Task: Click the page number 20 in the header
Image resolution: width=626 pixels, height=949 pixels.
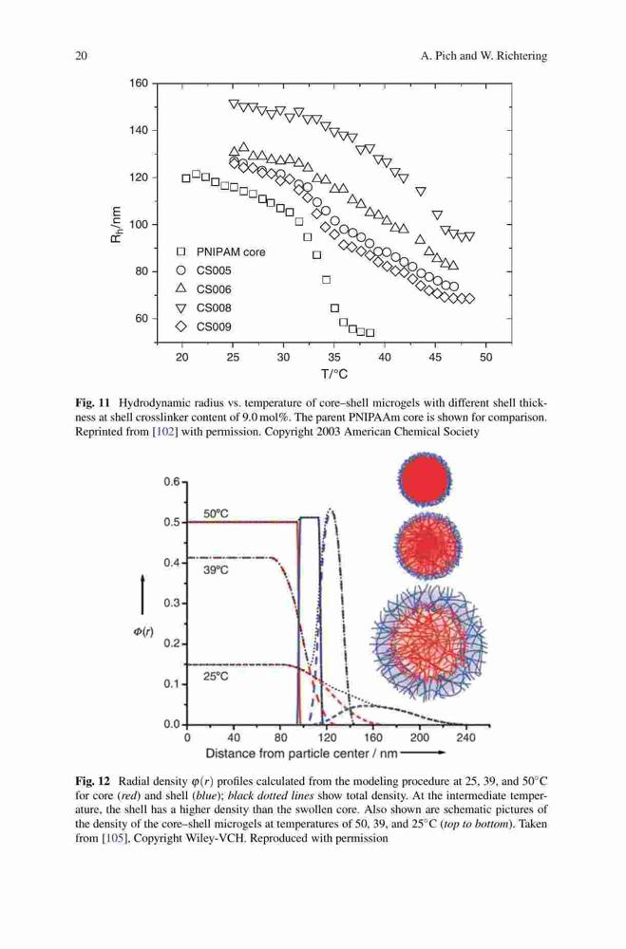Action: tap(81, 56)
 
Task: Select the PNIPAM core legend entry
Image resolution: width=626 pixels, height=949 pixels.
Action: tap(220, 251)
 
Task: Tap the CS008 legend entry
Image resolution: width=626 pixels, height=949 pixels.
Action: tap(203, 308)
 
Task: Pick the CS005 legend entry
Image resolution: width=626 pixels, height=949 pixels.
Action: tap(203, 270)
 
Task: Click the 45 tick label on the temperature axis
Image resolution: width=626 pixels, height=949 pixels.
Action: tap(435, 358)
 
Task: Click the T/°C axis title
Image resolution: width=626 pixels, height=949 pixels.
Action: tap(334, 374)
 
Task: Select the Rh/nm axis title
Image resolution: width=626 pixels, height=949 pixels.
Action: tap(115, 224)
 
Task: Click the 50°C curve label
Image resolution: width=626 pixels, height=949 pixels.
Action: tap(216, 513)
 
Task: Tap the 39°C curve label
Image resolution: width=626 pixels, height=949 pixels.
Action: tap(216, 570)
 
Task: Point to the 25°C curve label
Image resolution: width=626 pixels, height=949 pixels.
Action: tap(216, 677)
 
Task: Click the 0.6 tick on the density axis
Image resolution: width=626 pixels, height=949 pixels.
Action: tap(172, 482)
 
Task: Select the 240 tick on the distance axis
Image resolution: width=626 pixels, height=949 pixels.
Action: tap(465, 737)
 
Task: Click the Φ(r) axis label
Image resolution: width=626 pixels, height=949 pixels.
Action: tap(143, 632)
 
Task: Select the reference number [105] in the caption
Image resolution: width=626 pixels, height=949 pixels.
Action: tap(112, 838)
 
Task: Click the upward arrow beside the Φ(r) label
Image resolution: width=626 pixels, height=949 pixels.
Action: tap(143, 594)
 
